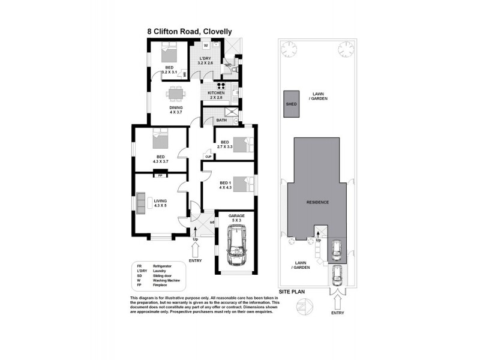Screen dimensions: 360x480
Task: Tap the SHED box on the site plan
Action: coord(291,104)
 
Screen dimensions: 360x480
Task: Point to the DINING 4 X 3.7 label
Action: coord(175,110)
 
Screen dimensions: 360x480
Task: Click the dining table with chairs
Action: coord(175,93)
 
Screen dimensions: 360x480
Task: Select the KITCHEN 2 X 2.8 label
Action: coord(216,95)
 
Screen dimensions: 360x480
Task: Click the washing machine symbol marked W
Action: coord(206,45)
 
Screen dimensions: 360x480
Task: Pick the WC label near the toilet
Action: coord(229,65)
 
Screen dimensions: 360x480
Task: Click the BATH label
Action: coord(221,120)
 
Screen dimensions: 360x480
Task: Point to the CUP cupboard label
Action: coord(208,157)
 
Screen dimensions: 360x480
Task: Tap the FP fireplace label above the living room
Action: coord(160,176)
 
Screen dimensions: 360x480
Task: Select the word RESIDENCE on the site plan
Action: coord(317,202)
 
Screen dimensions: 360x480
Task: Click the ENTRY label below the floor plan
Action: coord(196,260)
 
